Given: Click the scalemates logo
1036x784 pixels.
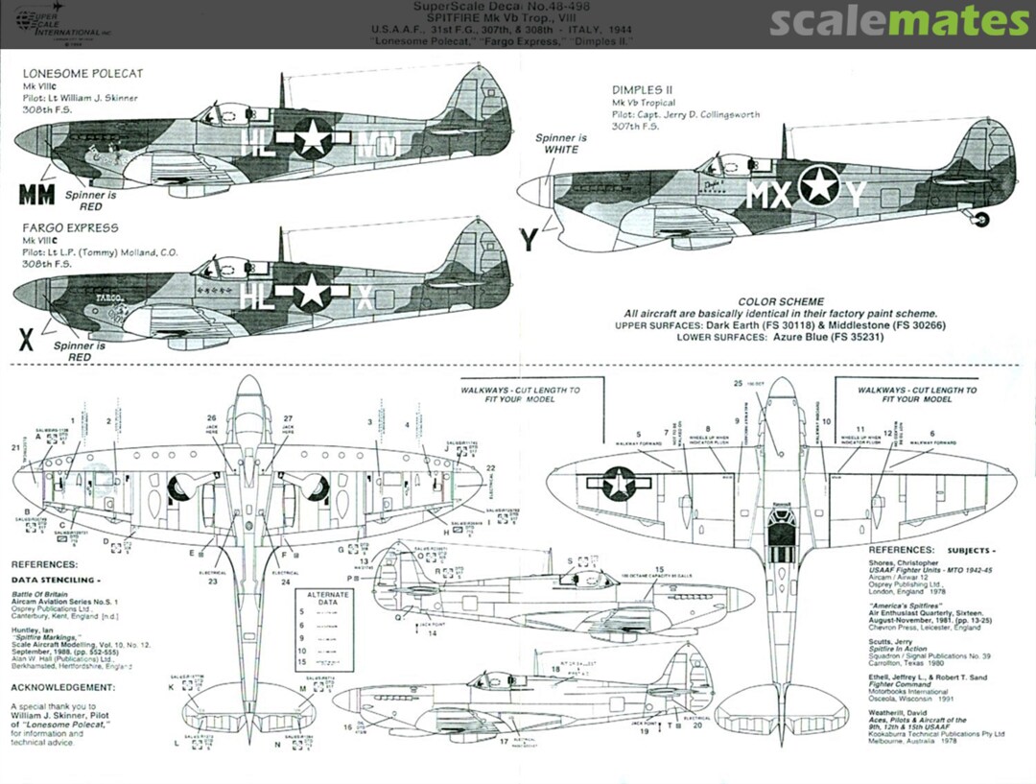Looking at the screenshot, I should point(900,21).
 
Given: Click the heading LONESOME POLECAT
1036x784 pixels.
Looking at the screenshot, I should point(82,73).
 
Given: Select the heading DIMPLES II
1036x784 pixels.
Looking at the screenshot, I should point(646,90).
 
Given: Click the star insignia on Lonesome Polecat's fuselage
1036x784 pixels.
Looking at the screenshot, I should point(312,137).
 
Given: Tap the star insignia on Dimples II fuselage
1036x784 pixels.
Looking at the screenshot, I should point(819,185).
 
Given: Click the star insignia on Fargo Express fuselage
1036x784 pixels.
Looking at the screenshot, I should point(311,291).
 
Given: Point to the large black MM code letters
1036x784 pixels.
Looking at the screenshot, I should point(36,195).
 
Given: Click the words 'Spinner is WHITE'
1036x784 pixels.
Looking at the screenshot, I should point(562,144).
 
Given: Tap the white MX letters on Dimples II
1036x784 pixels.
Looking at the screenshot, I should point(769,196).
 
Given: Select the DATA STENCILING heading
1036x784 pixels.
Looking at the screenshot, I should point(56,581).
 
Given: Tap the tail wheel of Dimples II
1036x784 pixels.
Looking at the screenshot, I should point(981,221).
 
